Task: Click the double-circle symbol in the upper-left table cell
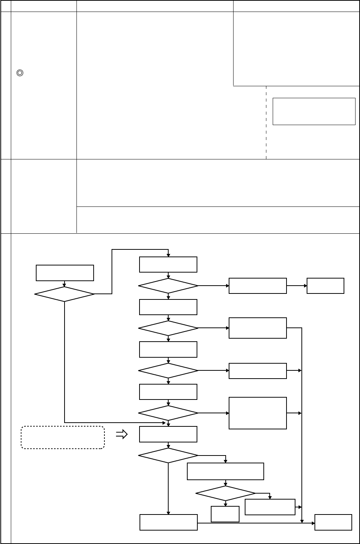[x=20, y=74]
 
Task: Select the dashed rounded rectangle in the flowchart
[x=63, y=437]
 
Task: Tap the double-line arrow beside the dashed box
[x=122, y=434]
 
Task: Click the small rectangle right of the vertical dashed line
[x=314, y=111]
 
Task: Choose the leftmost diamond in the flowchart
[x=65, y=294]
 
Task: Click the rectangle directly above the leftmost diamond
[x=65, y=273]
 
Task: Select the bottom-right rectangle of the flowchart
[x=333, y=522]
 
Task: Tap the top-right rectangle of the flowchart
[x=325, y=286]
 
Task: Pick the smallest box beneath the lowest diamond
[x=225, y=514]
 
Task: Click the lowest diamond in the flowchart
[x=225, y=493]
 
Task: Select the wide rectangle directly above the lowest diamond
[x=225, y=471]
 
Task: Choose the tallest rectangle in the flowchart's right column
[x=258, y=413]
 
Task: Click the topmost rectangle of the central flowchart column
[x=168, y=265]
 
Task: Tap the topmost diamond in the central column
[x=168, y=286]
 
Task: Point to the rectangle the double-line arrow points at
[x=168, y=434]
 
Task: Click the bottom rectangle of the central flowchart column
[x=168, y=522]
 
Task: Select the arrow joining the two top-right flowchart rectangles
[x=297, y=286]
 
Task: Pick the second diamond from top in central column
[x=168, y=328]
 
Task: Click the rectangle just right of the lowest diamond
[x=270, y=507]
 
